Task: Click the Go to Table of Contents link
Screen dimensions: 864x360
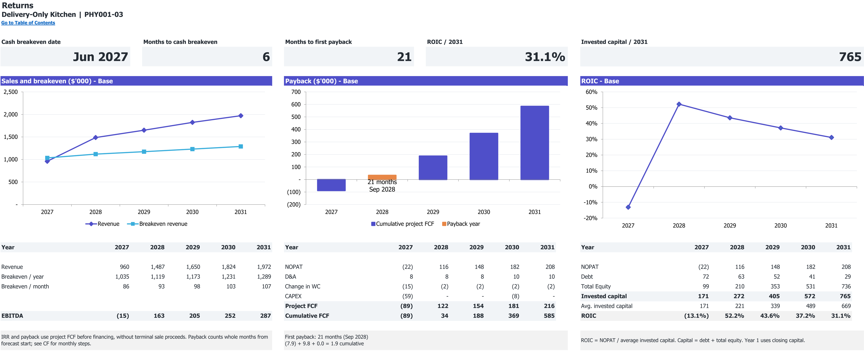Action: click(28, 23)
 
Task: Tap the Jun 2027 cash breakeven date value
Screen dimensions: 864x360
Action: click(100, 57)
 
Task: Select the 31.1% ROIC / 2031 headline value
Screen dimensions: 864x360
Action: click(545, 57)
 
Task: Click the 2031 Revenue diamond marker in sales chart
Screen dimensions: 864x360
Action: click(241, 116)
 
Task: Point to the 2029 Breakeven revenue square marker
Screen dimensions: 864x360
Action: click(144, 152)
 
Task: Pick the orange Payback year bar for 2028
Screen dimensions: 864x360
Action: click(382, 177)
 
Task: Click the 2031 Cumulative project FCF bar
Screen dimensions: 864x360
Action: click(535, 143)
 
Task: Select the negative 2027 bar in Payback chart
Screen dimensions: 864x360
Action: click(331, 185)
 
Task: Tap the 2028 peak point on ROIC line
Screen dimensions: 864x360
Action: click(679, 104)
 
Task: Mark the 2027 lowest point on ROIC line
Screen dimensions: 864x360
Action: click(628, 207)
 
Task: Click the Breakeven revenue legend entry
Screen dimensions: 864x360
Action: click(157, 224)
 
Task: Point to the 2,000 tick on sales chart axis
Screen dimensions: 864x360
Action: click(11, 114)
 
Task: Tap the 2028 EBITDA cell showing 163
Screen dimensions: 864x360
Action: click(159, 316)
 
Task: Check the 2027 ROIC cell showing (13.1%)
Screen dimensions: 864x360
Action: click(696, 316)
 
